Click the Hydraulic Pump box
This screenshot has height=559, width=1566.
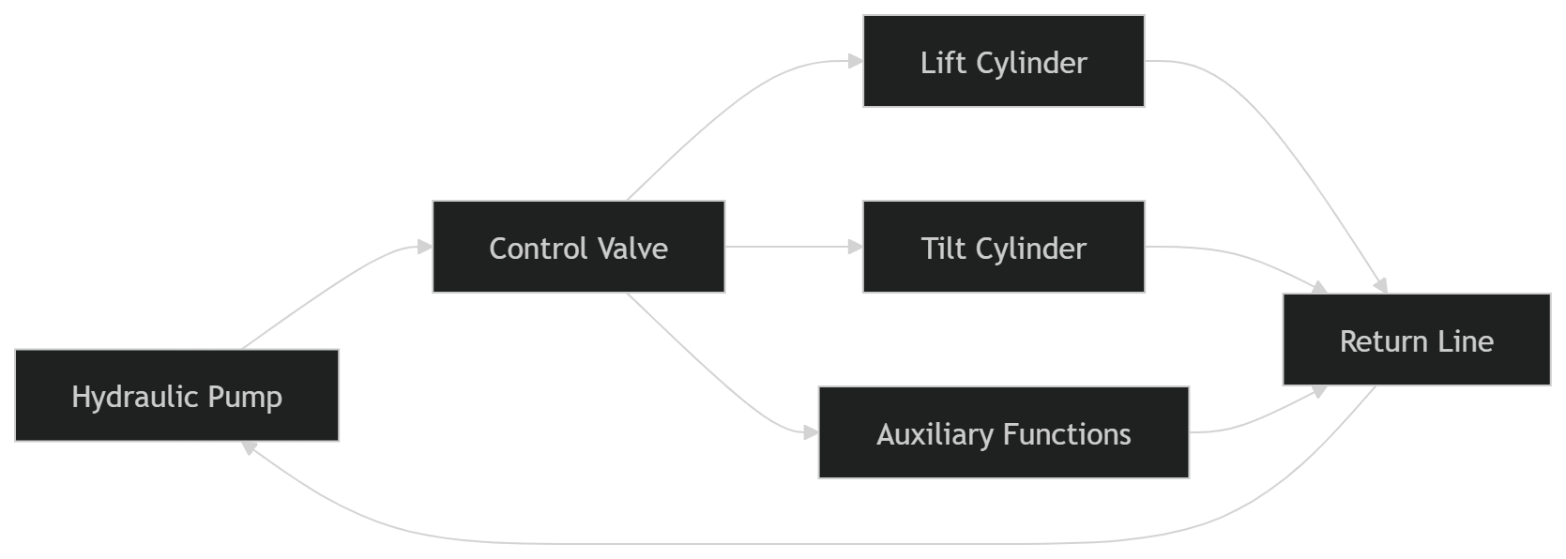tap(177, 396)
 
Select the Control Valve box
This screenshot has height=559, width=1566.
tap(579, 247)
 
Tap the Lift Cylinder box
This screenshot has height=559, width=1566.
tap(1004, 61)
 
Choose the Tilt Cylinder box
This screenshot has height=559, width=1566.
tap(1004, 247)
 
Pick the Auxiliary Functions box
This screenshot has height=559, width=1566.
tap(1004, 432)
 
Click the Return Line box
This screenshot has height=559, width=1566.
tap(1417, 340)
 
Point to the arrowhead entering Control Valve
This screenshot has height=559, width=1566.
tap(425, 247)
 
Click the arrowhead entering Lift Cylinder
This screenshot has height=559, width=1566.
tap(856, 61)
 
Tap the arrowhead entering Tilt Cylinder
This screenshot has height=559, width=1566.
tap(856, 247)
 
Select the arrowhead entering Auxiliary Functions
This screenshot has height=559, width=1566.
tap(811, 433)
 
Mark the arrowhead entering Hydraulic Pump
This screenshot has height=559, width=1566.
tap(249, 447)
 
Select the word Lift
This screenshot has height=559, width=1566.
tap(943, 62)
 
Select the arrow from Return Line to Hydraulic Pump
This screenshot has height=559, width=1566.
tap(804, 544)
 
